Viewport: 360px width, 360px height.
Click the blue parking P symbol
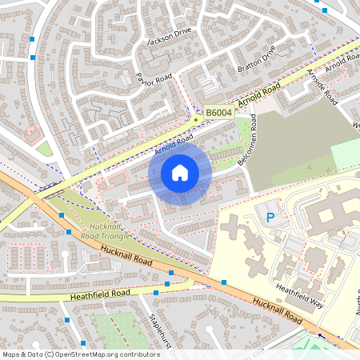point(270,217)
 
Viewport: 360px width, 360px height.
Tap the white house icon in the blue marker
point(180,172)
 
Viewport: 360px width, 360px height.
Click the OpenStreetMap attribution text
point(80,354)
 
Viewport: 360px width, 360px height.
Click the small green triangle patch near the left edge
point(45,149)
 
